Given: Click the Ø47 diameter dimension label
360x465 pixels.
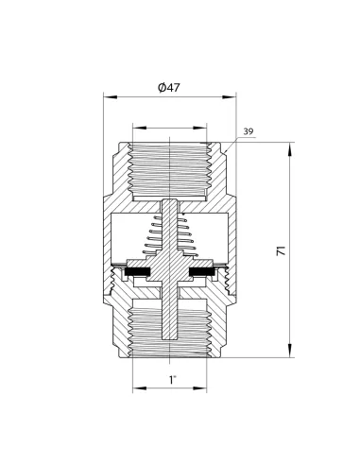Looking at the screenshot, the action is click(169, 87).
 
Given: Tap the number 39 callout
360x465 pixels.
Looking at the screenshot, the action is click(249, 131).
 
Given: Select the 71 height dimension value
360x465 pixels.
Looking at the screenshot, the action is click(281, 250).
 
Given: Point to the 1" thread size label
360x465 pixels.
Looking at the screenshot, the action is click(172, 380).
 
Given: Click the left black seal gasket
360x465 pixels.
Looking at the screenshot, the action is click(138, 271).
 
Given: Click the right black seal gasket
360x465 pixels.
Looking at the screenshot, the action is click(202, 271).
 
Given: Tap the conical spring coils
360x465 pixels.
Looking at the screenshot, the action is click(170, 234).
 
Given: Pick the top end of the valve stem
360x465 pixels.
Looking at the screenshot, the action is click(170, 199).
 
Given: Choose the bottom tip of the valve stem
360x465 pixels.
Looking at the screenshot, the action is click(170, 339).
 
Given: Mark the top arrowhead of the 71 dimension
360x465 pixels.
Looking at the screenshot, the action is click(290, 149).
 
